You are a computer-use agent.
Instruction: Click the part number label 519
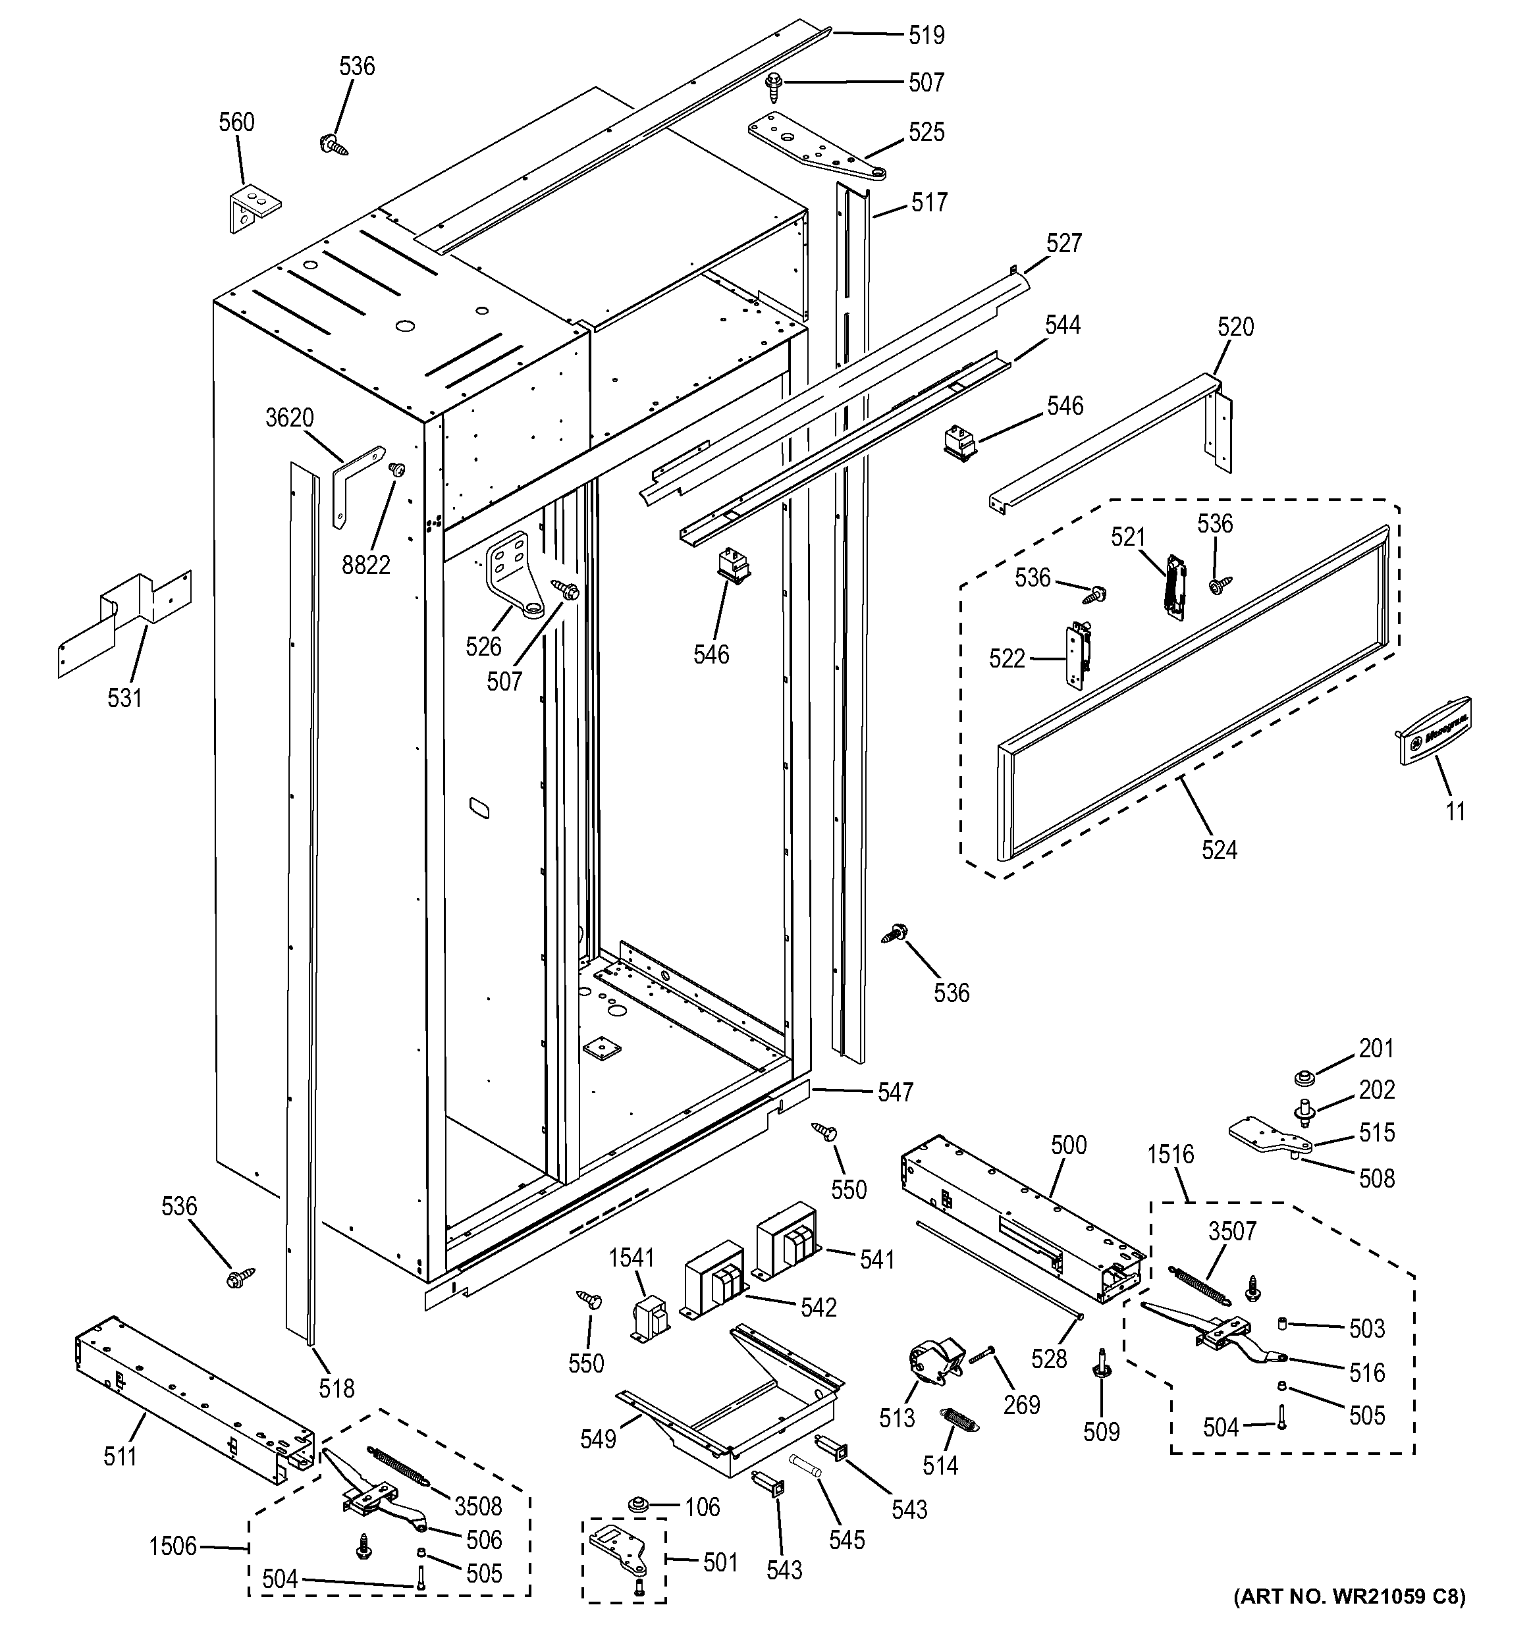926,36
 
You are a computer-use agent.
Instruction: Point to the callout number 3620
290,418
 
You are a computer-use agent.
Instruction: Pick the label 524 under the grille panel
1219,851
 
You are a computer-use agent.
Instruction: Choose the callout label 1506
173,1546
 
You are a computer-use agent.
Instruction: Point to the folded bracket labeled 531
123,623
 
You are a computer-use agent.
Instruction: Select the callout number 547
895,1092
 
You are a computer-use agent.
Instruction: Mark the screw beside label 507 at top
773,84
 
